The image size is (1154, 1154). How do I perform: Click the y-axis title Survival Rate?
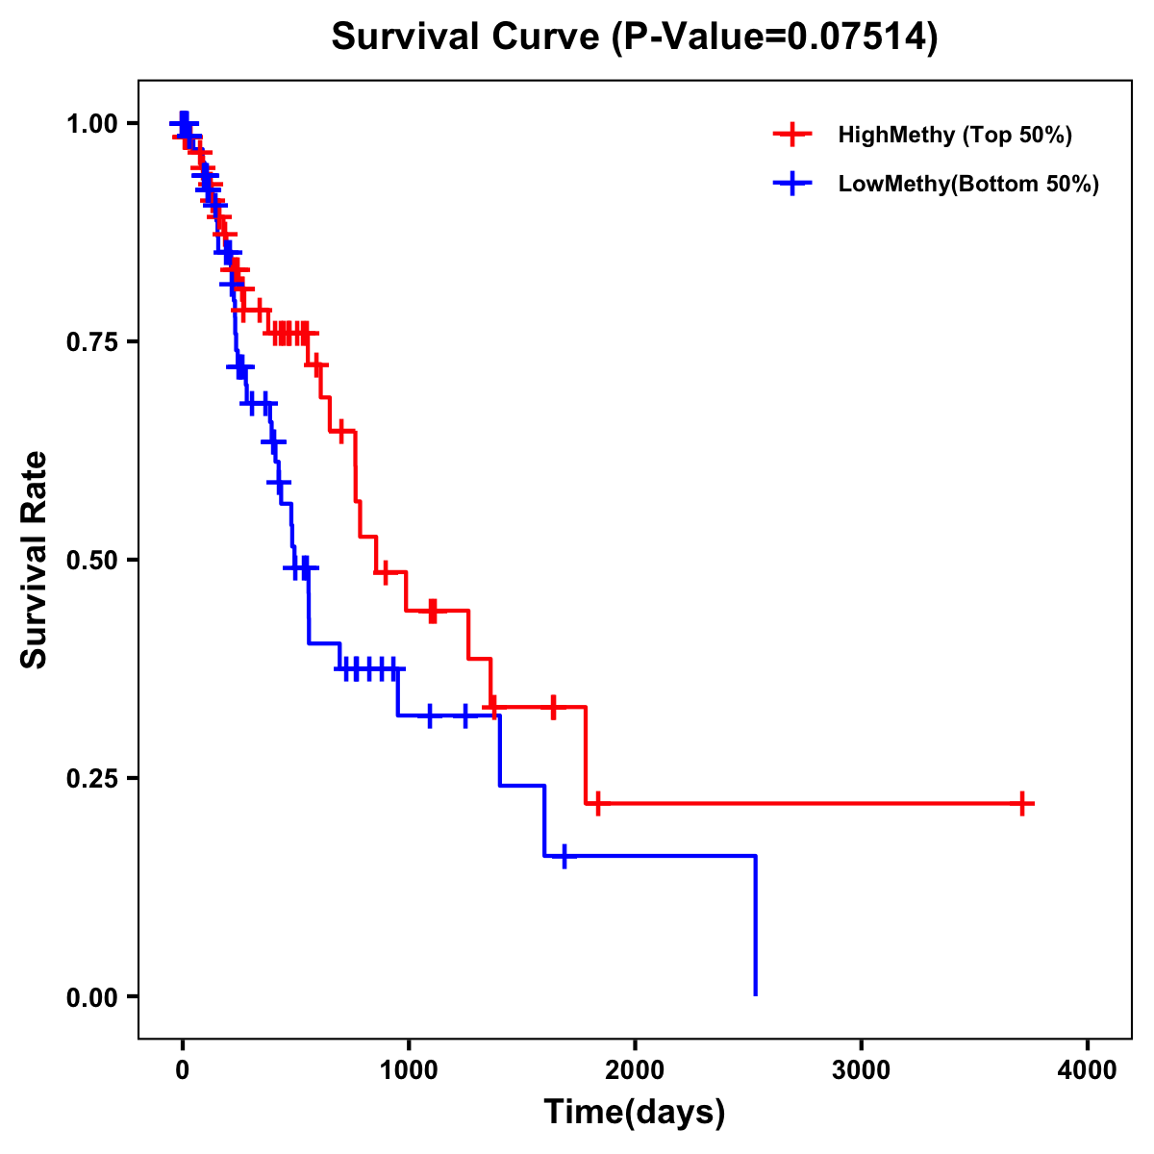[35, 559]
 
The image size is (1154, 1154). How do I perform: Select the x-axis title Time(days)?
[635, 1112]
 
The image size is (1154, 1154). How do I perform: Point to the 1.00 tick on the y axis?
[91, 124]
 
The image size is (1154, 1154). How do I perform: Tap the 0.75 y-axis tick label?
[91, 342]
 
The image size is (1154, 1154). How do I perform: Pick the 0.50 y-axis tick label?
[91, 560]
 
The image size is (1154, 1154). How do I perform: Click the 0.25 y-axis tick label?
[91, 778]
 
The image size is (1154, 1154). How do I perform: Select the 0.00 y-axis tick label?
[91, 996]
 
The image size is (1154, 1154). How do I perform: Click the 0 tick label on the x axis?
[182, 1070]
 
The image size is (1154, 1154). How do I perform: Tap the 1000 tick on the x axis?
[409, 1070]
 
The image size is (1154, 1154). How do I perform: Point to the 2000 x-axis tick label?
[635, 1070]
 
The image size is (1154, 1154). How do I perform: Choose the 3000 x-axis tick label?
[861, 1070]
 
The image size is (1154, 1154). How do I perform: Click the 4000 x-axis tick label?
[1088, 1070]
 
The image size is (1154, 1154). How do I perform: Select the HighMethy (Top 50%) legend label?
[955, 135]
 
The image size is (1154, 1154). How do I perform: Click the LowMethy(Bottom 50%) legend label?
[968, 184]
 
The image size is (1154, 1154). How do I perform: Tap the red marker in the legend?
[791, 135]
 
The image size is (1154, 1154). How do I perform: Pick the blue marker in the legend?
[791, 184]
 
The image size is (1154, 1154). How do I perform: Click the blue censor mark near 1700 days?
[564, 856]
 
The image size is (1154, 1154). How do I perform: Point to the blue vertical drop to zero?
[756, 923]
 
